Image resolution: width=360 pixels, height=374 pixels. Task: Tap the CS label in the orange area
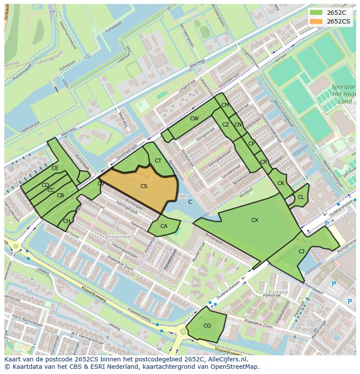pos(144,186)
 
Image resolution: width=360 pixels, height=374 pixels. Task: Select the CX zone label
pos(255,220)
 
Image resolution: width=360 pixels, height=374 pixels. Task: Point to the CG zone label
pos(207,326)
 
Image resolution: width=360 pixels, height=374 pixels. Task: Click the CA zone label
pos(164,226)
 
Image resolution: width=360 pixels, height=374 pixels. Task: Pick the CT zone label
pos(158,161)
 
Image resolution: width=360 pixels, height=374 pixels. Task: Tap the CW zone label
pos(194,119)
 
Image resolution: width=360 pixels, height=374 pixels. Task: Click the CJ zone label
pos(301,251)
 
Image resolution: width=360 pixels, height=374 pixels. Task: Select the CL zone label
pos(301,197)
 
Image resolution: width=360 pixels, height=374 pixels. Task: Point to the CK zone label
pos(281,183)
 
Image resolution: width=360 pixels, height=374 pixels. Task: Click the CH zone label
pos(67,221)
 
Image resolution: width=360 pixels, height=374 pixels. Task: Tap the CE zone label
pos(55,168)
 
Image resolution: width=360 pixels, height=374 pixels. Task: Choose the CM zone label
pos(225,105)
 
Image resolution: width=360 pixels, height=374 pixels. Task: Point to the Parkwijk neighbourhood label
pos(278,292)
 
